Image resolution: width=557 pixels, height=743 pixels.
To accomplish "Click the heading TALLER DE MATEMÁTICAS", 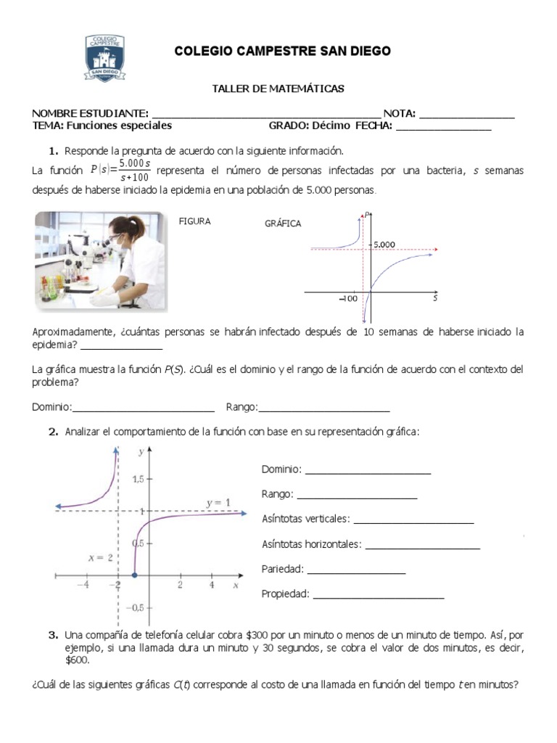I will click(x=278, y=89).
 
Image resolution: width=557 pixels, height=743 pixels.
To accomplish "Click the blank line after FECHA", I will click(x=443, y=127).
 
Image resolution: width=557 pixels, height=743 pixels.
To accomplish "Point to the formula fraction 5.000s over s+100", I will click(x=133, y=171).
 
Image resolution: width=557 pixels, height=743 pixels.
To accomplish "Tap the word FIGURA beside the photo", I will click(x=195, y=222).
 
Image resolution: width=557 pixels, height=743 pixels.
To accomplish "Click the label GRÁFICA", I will click(x=283, y=224).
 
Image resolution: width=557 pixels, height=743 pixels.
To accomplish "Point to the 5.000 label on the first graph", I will click(x=384, y=245).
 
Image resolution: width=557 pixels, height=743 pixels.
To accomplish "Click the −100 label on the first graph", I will click(x=347, y=298).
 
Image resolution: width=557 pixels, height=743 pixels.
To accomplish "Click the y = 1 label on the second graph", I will click(x=218, y=502).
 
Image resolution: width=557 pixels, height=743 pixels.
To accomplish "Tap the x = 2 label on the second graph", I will click(x=100, y=558).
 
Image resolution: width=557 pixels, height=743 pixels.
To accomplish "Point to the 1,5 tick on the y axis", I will click(x=132, y=479).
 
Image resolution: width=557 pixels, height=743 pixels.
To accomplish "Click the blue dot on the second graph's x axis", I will click(x=134, y=576).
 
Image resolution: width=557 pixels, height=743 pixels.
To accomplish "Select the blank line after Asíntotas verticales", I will click(x=413, y=520).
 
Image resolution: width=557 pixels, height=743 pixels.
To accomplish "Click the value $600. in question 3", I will click(x=77, y=660).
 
